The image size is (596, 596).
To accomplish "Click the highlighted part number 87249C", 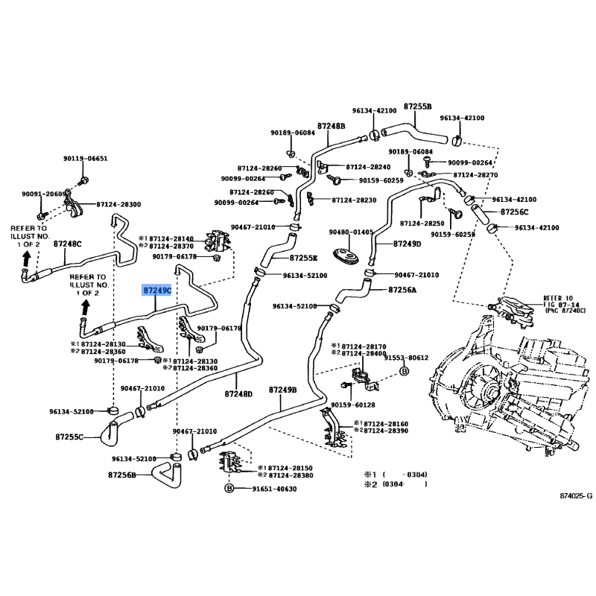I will [x=157, y=290].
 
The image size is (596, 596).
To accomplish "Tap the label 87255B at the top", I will [x=418, y=107].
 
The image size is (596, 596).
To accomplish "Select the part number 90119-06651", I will [x=85, y=159].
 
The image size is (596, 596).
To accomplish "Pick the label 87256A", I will [x=402, y=290].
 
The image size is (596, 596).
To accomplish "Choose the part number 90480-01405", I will [x=351, y=232].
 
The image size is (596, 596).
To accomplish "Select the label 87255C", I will [x=69, y=437].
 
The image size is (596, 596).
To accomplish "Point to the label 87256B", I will [x=121, y=475].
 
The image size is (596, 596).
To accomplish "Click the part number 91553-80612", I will [x=407, y=358].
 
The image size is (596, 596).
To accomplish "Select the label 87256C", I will [x=514, y=212].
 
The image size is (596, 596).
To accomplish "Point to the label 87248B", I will [x=332, y=126].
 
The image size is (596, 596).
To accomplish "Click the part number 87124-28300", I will [x=118, y=204].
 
